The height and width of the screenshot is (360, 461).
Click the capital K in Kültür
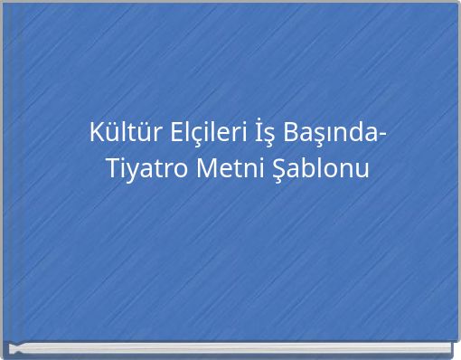coord(96,133)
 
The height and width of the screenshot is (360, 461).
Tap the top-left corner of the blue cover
coord(5,5)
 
